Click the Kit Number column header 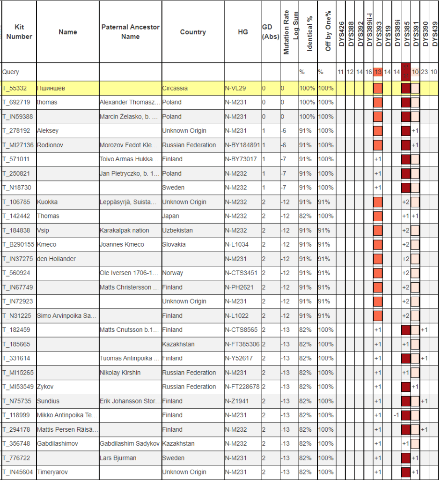click(19, 32)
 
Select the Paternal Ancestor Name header click(130, 32)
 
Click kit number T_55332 click(15, 88)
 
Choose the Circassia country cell click(175, 88)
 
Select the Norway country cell click(172, 273)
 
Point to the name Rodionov click(50, 145)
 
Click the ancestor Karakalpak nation click(125, 230)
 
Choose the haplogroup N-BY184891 click(243, 145)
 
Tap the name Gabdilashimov click(58, 443)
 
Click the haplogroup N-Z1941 click(238, 401)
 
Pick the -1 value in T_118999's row click(396, 415)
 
